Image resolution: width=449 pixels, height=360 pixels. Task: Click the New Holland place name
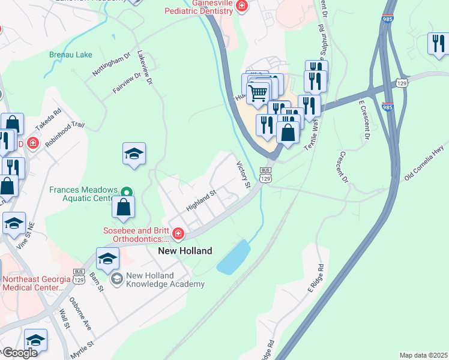[x=185, y=251]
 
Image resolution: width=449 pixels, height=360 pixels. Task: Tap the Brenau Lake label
[x=71, y=55]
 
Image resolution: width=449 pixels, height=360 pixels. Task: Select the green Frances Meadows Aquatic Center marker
[x=126, y=192]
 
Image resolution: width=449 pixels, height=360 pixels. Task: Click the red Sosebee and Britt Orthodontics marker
[x=177, y=233]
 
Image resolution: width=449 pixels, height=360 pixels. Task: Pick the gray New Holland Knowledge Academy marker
[x=116, y=279]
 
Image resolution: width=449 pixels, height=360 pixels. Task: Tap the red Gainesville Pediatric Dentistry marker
[x=242, y=7]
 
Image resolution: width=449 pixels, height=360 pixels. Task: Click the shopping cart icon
[x=258, y=92]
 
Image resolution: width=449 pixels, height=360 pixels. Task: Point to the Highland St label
[x=200, y=200]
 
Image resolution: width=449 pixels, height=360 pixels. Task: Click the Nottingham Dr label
[x=111, y=64]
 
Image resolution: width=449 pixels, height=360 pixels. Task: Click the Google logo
[x=19, y=352]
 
